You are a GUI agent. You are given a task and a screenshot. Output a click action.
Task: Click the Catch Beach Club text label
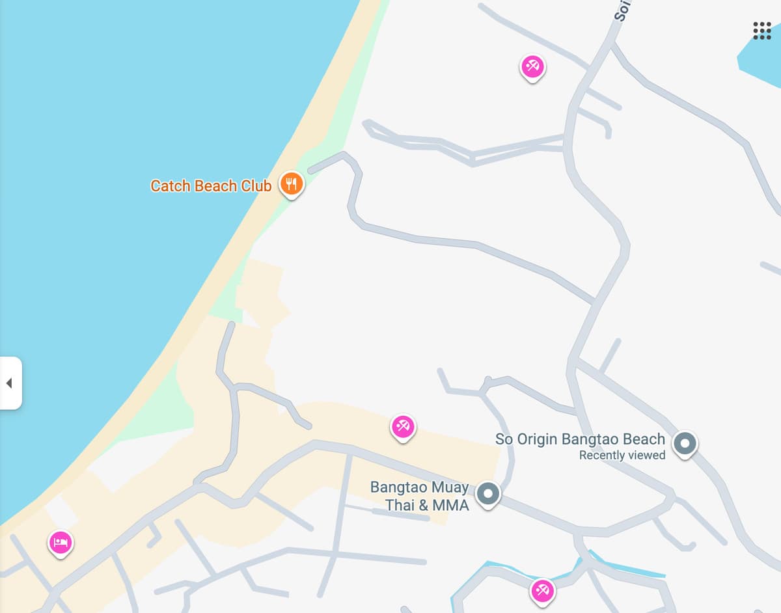pos(211,186)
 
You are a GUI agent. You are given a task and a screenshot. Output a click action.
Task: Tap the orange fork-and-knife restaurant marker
pos(291,184)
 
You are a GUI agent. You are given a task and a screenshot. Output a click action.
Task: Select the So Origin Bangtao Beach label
pos(580,439)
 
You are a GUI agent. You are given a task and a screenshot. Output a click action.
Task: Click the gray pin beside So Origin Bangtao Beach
pos(684,444)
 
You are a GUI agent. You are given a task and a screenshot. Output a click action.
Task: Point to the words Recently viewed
pos(622,456)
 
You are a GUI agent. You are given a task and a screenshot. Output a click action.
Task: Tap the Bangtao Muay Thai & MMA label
pos(420,496)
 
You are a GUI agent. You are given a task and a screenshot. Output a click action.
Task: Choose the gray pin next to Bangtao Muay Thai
pos(487,494)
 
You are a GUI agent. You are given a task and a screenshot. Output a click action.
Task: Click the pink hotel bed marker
pos(61,542)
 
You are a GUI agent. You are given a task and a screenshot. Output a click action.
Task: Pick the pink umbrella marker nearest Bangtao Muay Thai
pos(403,427)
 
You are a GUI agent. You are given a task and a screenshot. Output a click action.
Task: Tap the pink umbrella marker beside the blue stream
pos(542,591)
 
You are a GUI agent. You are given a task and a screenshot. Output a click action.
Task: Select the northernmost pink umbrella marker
pos(532,66)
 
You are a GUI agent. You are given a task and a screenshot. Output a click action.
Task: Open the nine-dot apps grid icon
pos(761,31)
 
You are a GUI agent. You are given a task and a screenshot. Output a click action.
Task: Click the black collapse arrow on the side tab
pos(9,383)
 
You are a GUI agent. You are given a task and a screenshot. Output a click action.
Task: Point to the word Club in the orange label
pos(256,186)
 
